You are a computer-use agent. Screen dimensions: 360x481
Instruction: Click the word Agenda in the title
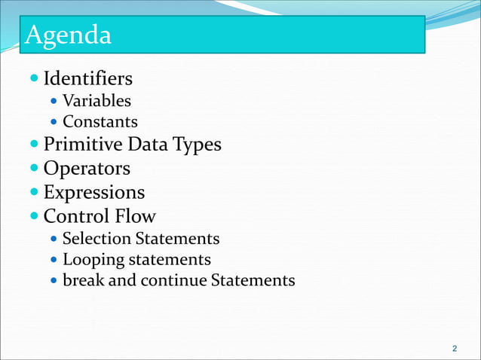pyautogui.click(x=69, y=35)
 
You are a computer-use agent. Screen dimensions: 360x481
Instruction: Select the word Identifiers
pyautogui.click(x=88, y=78)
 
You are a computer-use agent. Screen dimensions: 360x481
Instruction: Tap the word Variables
pyautogui.click(x=97, y=100)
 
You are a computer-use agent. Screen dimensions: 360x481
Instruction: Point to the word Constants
pyautogui.click(x=100, y=121)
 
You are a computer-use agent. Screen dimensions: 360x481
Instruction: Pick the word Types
pyautogui.click(x=198, y=144)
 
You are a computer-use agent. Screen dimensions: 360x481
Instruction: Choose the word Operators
pyautogui.click(x=87, y=168)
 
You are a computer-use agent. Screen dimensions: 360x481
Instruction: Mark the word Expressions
pyautogui.click(x=94, y=192)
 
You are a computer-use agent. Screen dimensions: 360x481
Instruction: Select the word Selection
pyautogui.click(x=97, y=239)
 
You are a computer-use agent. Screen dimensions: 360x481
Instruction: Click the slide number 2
pyautogui.click(x=454, y=349)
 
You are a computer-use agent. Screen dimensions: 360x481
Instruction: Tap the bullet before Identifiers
pyautogui.click(x=35, y=78)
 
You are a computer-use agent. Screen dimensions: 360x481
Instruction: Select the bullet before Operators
pyautogui.click(x=35, y=168)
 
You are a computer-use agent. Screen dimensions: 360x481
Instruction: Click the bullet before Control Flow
pyautogui.click(x=35, y=216)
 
